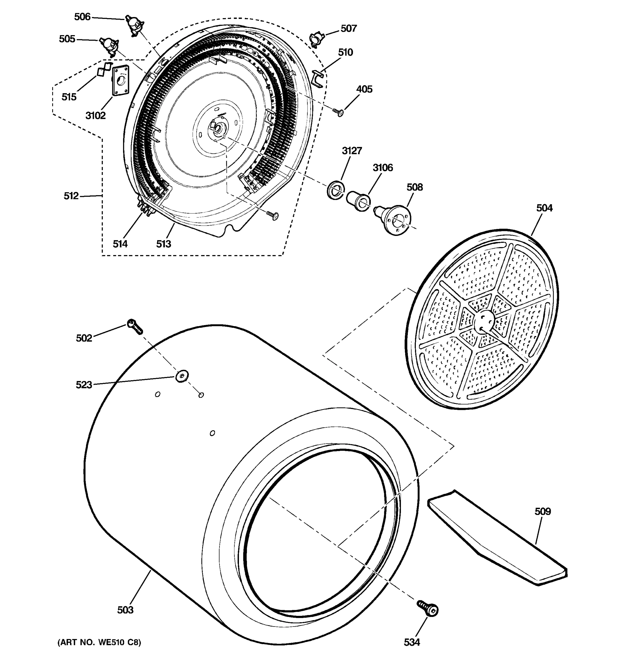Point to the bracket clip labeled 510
318,80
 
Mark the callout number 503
125,610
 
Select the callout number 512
71,196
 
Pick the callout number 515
69,97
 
